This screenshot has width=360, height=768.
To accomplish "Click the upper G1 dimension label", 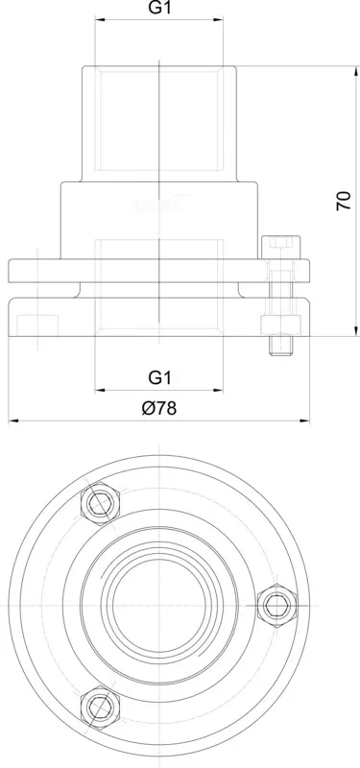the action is coord(159,9).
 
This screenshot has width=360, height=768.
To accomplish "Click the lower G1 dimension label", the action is coord(159,377).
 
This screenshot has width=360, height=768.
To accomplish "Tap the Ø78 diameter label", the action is coord(159,408).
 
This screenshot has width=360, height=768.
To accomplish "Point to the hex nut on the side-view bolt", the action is coord(280,324).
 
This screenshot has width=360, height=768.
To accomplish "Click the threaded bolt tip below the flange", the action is coord(280,346).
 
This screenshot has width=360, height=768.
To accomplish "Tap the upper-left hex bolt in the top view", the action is coord(101,502).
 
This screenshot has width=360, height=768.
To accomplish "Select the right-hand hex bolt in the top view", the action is coord(276,606).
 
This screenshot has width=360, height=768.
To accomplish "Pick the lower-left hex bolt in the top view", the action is coord(101,708).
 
